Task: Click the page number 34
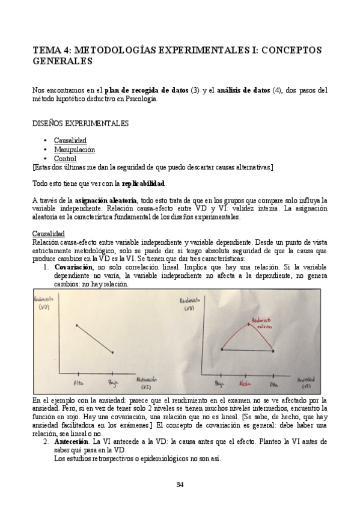(x=180, y=485)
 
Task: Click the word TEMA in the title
(x=47, y=50)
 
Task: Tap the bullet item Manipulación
(x=74, y=149)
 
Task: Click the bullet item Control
(x=65, y=158)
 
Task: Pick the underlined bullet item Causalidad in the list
(x=70, y=140)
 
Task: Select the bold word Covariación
(x=74, y=266)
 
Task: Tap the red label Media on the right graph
(x=245, y=382)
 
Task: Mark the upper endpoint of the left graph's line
(x=77, y=325)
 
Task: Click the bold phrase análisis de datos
(x=243, y=90)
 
